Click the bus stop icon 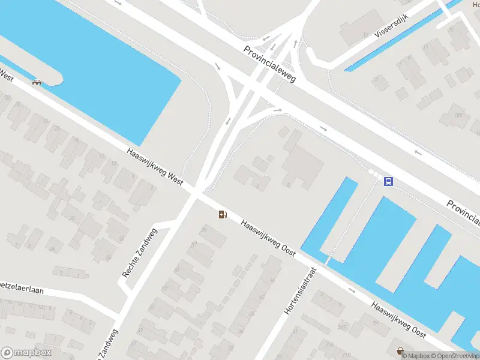tap(389, 181)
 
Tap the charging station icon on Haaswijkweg tap(223, 214)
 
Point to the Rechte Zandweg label tap(139, 253)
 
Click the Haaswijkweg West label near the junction tap(155, 167)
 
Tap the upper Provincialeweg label tap(269, 65)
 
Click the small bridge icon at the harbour tap(38, 82)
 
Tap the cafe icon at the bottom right tap(400, 350)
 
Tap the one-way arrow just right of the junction tap(277, 110)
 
